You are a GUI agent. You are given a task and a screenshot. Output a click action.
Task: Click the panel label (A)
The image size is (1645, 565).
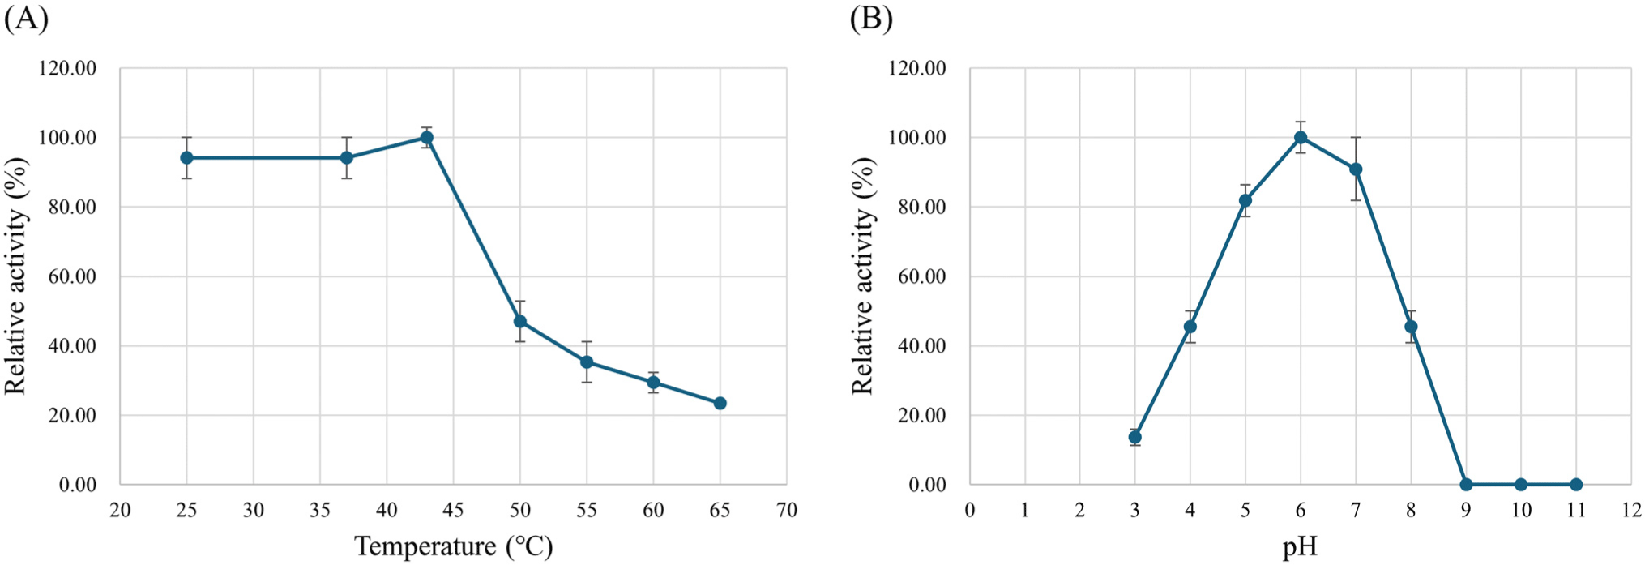26,18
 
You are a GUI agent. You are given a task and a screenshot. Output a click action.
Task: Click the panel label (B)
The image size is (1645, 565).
871,18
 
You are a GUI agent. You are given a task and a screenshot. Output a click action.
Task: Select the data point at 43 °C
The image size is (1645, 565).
426,138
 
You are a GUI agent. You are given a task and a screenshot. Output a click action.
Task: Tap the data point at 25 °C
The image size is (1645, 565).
186,157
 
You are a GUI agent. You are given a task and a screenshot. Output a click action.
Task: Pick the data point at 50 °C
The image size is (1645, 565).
520,322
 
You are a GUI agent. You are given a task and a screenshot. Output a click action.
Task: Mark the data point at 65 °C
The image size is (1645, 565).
720,403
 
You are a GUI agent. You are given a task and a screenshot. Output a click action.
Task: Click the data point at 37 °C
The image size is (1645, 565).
347,157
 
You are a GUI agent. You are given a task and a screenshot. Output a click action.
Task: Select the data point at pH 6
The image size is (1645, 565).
1301,138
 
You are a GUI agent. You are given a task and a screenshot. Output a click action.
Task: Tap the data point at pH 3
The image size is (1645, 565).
1135,437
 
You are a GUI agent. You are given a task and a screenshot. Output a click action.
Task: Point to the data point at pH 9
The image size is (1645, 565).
1466,485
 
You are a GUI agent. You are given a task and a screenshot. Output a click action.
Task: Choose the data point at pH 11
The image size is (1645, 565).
1576,485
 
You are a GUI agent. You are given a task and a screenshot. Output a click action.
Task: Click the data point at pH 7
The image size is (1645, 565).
1356,169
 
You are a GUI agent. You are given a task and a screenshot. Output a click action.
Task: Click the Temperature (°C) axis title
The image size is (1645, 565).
453,546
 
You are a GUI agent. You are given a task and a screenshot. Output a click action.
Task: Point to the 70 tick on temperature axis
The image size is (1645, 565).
786,510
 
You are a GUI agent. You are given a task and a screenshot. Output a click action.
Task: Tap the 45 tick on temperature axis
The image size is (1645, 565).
453,510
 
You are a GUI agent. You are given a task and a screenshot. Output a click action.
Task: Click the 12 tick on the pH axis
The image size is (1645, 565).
1631,510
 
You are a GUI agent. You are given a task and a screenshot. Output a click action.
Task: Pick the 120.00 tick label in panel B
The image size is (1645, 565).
917,69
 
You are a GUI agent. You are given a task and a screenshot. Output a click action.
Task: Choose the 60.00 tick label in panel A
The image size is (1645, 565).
68,276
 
